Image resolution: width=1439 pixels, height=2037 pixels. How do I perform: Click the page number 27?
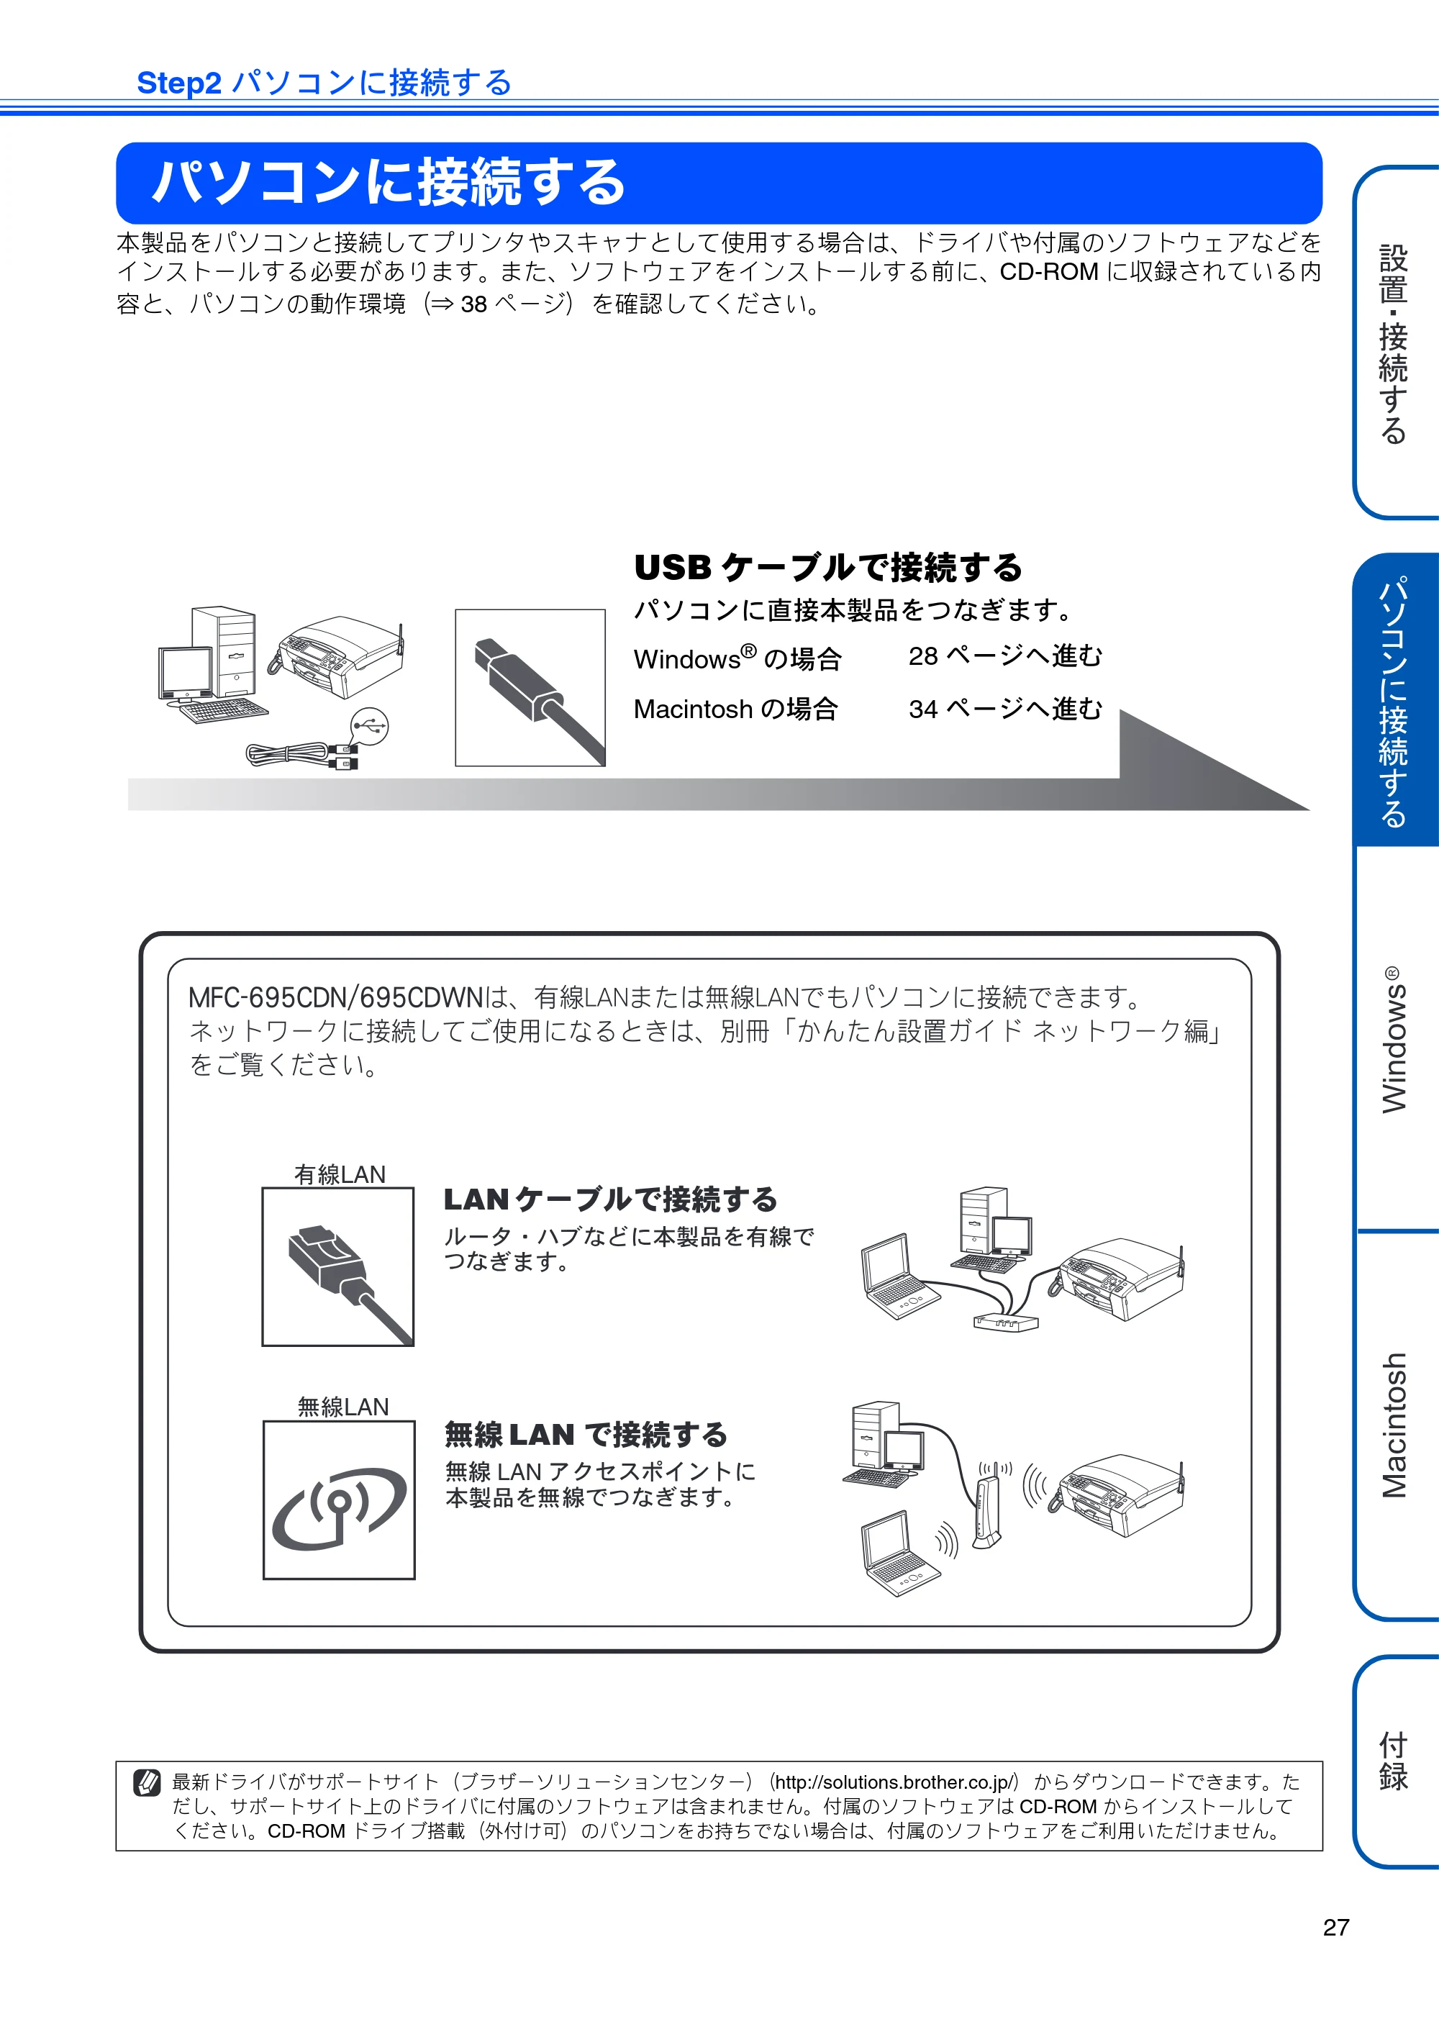pos(1336,1927)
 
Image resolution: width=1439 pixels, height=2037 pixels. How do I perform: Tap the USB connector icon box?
pos(530,688)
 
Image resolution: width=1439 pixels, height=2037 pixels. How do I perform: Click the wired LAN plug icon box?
pos(338,1267)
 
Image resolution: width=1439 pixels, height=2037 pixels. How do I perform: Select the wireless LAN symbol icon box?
pos(339,1500)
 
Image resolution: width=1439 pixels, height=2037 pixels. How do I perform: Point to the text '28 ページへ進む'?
pos(1005,655)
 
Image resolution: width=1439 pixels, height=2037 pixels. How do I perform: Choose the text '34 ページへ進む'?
pos(1005,708)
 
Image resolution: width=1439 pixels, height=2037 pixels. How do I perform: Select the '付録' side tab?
pos(1394,1761)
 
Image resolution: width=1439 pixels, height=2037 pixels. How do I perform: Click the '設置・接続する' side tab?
pos(1394,342)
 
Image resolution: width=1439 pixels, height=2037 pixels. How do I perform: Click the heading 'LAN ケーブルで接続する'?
pos(610,1199)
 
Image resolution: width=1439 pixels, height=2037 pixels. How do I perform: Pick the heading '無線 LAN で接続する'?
pos(586,1435)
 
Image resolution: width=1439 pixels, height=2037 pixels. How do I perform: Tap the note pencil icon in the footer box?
pos(146,1782)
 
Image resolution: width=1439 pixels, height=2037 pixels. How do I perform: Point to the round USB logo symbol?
pos(369,726)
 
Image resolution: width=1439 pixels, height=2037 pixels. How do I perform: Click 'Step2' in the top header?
pos(178,83)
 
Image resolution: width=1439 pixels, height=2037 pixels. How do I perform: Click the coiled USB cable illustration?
pos(301,755)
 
